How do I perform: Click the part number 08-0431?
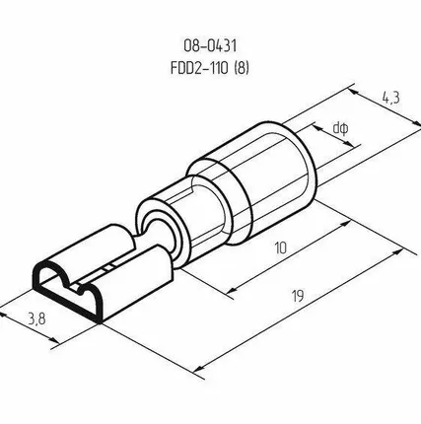click(x=210, y=45)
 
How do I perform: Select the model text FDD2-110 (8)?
click(x=210, y=68)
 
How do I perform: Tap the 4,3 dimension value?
click(x=390, y=98)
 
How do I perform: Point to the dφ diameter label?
click(x=340, y=128)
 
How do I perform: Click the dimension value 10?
click(x=280, y=247)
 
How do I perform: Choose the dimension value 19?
click(x=298, y=296)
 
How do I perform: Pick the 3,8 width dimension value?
click(x=36, y=318)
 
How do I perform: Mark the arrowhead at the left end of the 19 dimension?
click(x=200, y=368)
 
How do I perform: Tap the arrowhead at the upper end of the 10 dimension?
click(x=346, y=223)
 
